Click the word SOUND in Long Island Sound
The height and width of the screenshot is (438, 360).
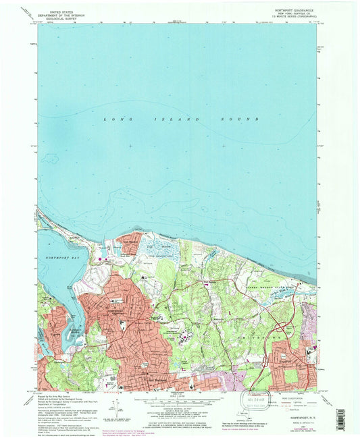pos(243,119)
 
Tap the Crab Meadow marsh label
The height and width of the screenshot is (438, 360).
pos(156,248)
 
